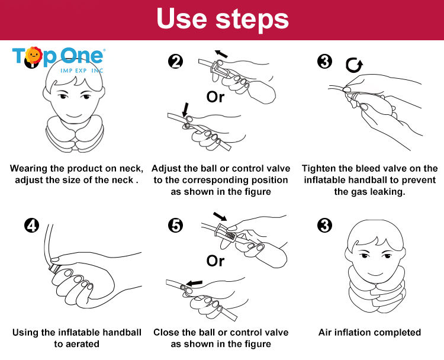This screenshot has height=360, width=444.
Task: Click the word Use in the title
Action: coord(182,18)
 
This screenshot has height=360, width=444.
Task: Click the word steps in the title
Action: coord(252,20)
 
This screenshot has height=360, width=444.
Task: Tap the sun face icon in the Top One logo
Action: coord(34,54)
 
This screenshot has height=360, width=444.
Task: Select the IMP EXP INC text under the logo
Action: coord(82,70)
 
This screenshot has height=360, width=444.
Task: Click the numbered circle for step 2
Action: coord(176,62)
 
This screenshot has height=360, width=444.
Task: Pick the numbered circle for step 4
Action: coord(31,226)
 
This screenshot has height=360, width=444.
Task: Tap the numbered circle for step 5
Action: coord(176,226)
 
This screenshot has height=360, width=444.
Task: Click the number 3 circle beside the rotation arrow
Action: coord(324,62)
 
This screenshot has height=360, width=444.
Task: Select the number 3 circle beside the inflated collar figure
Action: coord(324,226)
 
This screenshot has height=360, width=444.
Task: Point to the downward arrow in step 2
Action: coord(185,110)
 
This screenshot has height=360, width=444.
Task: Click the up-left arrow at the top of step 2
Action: coord(221,53)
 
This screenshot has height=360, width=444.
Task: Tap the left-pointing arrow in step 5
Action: coord(194,282)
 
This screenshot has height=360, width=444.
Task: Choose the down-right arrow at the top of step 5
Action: coord(220,216)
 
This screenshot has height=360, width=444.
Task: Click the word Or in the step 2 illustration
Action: coord(215,97)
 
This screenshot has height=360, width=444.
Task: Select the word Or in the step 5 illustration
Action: coord(215,261)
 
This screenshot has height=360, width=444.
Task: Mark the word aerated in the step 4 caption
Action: coord(82,344)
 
